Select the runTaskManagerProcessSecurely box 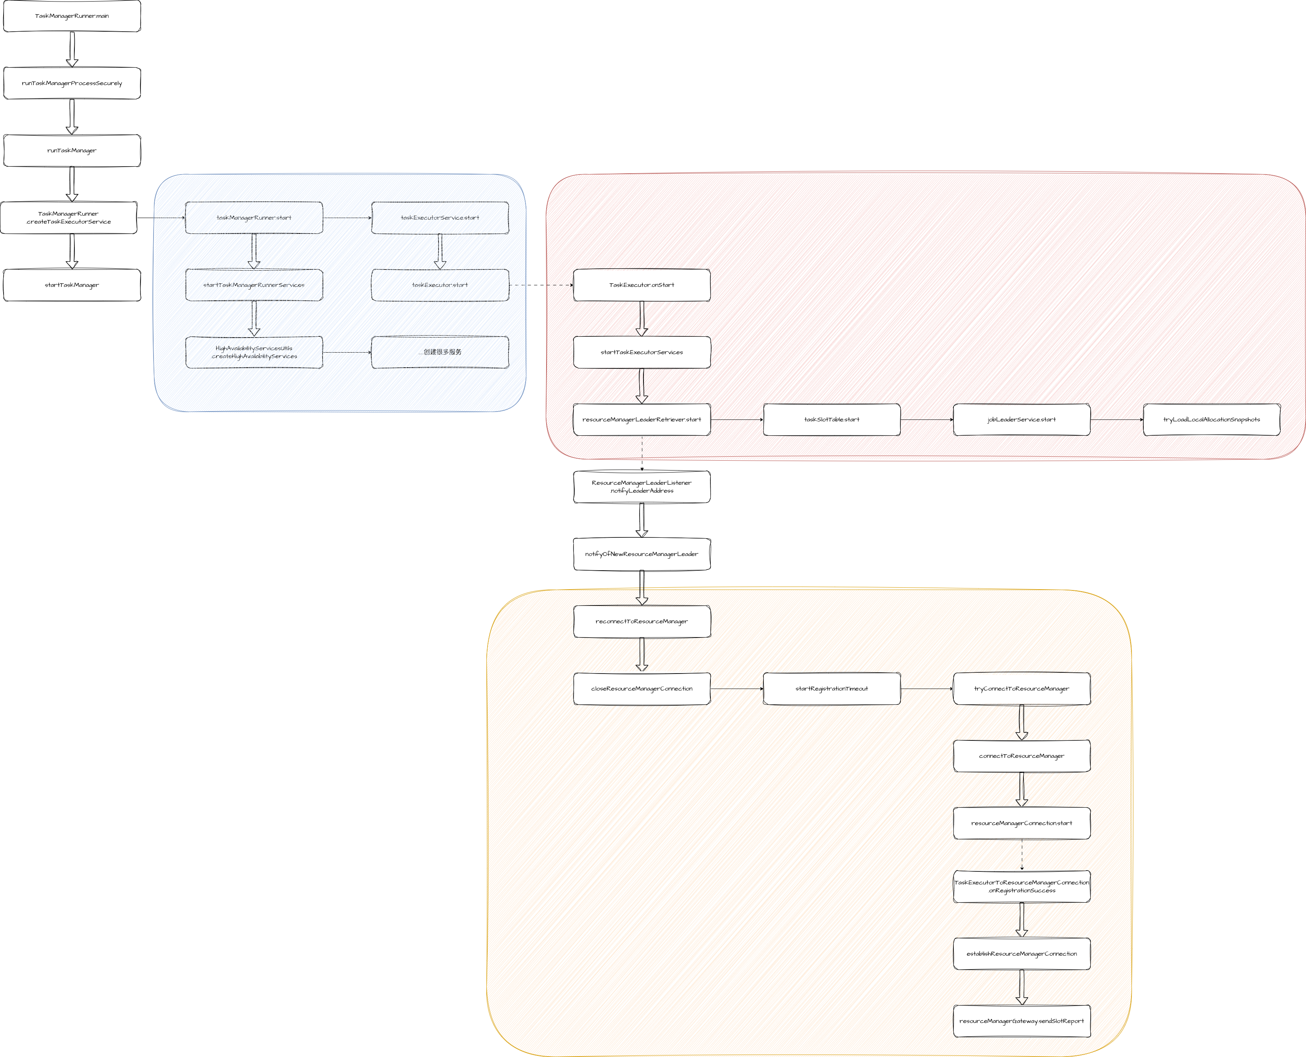tap(72, 83)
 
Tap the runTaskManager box tap(72, 150)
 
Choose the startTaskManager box tap(72, 285)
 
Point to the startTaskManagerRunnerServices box tap(254, 285)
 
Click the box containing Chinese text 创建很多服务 tap(440, 352)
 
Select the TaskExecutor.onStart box tap(642, 285)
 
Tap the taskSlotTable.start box tap(832, 419)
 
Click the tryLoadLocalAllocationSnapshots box tap(1212, 419)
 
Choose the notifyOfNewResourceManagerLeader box tap(642, 554)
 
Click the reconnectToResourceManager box tap(642, 622)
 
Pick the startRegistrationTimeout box tap(832, 689)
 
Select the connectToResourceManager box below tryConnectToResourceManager tap(1022, 756)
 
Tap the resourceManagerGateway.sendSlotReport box tap(1022, 1021)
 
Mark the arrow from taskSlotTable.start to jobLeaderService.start tap(927, 419)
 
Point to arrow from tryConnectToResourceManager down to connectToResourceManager tap(1022, 722)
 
